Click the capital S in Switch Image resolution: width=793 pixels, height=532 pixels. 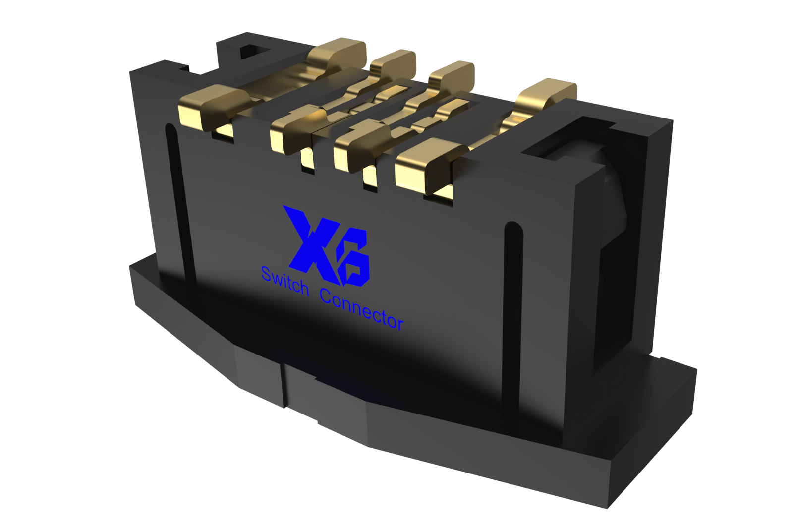pyautogui.click(x=267, y=274)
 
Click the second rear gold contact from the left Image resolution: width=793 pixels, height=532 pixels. pyautogui.click(x=394, y=62)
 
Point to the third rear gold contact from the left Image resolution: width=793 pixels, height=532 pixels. pyautogui.click(x=452, y=74)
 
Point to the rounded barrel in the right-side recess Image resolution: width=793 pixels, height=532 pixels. pyautogui.click(x=615, y=198)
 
